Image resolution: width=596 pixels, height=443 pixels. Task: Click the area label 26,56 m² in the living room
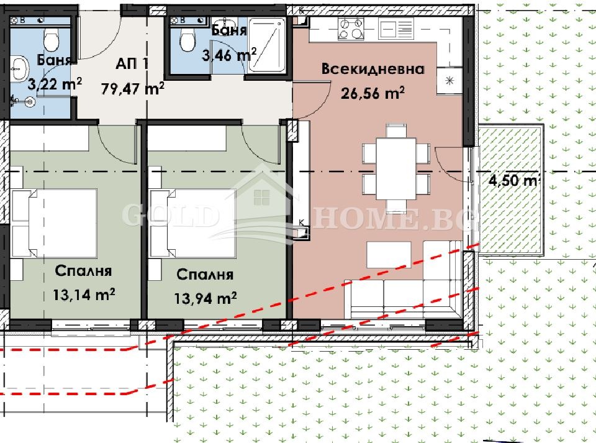tap(372, 93)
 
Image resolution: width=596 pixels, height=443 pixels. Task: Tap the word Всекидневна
tap(372, 69)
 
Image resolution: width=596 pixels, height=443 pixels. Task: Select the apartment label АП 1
tap(132, 63)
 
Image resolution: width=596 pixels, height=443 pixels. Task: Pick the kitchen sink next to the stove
tap(396, 27)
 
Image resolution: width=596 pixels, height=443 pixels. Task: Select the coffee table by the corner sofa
tap(389, 253)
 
